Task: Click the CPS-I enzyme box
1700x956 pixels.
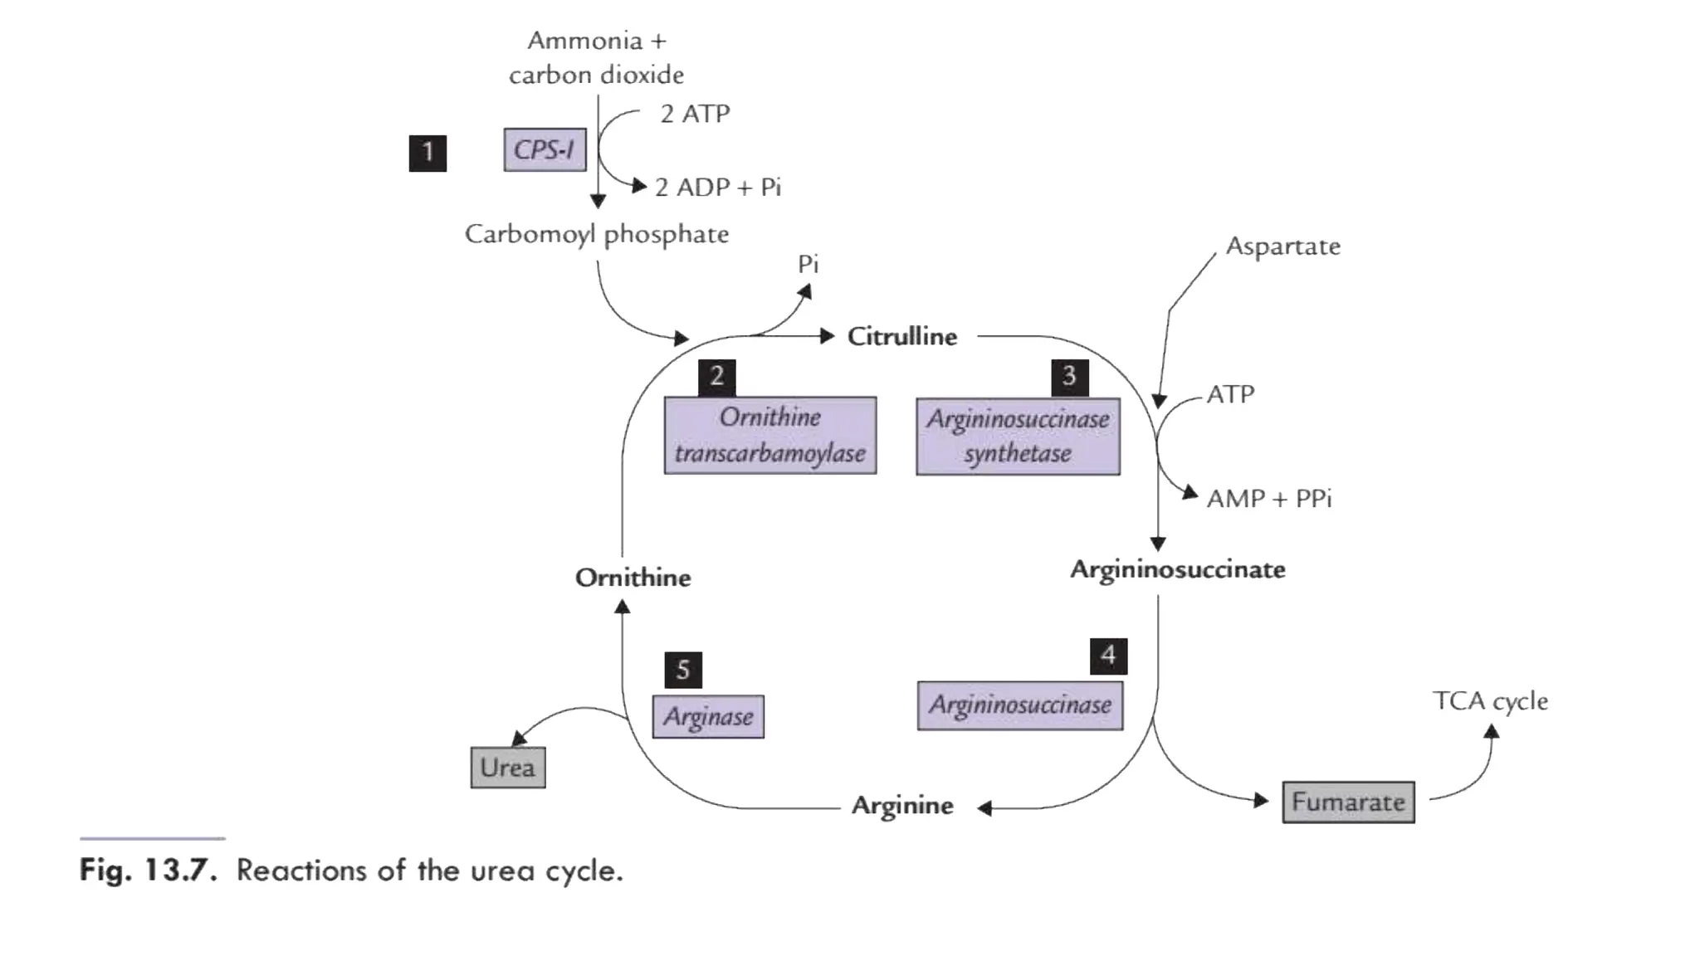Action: pyautogui.click(x=545, y=149)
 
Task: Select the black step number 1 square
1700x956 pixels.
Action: pyautogui.click(x=427, y=153)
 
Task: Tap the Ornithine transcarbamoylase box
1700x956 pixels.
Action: pyautogui.click(x=769, y=435)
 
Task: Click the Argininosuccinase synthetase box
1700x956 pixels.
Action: pyautogui.click(x=1018, y=437)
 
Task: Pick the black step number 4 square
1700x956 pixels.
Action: pyautogui.click(x=1108, y=656)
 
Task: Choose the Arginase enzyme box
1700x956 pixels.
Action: pyautogui.click(x=708, y=716)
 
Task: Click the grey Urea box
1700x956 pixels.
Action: pyautogui.click(x=507, y=767)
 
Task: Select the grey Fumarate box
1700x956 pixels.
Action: pyautogui.click(x=1348, y=802)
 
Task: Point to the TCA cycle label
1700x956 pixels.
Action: pyautogui.click(x=1490, y=701)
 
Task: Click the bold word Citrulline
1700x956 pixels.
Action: pyautogui.click(x=901, y=336)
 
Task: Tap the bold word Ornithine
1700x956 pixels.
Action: pyautogui.click(x=633, y=578)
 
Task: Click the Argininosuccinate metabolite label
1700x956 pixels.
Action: pyautogui.click(x=1177, y=569)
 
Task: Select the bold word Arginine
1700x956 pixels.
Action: pyautogui.click(x=902, y=805)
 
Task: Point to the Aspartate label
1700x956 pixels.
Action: pyautogui.click(x=1282, y=246)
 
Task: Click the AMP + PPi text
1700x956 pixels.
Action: pyautogui.click(x=1268, y=499)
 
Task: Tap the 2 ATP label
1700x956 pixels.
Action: pyautogui.click(x=695, y=114)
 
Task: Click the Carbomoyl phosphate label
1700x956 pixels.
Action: pyautogui.click(x=596, y=234)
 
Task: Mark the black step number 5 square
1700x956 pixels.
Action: pyautogui.click(x=683, y=670)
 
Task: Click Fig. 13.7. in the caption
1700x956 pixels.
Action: pyautogui.click(x=148, y=871)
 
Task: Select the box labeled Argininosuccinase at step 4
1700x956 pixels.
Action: pyautogui.click(x=1019, y=705)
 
